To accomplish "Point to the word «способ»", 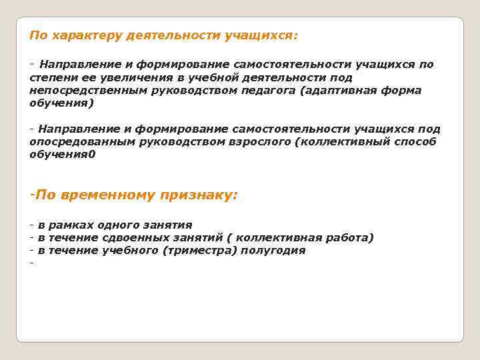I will [417, 142].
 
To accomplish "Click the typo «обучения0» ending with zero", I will [63, 155].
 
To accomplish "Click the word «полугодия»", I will [274, 251].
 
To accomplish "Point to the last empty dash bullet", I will [31, 263].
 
